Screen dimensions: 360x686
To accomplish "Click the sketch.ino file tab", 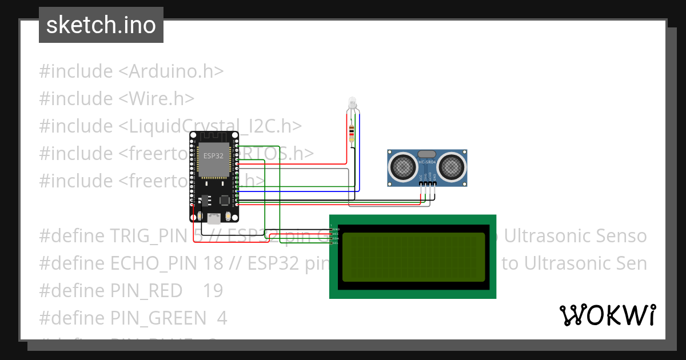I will [x=101, y=25].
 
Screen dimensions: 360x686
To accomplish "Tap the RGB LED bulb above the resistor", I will [x=352, y=103].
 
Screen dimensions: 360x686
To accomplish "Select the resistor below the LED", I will [x=352, y=133].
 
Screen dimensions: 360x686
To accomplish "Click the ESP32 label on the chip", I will [x=214, y=155].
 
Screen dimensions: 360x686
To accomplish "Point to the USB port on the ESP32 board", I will [x=214, y=218].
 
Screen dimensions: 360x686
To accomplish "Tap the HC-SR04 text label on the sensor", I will [x=428, y=162].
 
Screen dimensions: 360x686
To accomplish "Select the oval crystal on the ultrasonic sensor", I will [x=428, y=153].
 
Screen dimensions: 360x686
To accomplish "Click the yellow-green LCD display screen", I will [x=413, y=256].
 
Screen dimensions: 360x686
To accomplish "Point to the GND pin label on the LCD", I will [x=336, y=229].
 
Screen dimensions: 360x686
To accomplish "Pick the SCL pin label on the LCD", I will [x=336, y=243].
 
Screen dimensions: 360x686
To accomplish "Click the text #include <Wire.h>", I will [x=117, y=98].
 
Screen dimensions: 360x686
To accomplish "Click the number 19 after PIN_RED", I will [x=213, y=290].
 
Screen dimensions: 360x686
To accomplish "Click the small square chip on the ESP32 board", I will [x=225, y=200].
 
